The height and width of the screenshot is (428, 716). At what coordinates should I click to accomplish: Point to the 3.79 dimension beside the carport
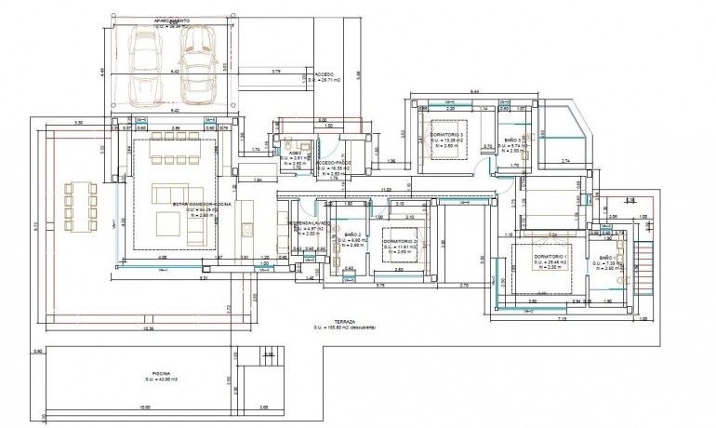(x=276, y=72)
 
